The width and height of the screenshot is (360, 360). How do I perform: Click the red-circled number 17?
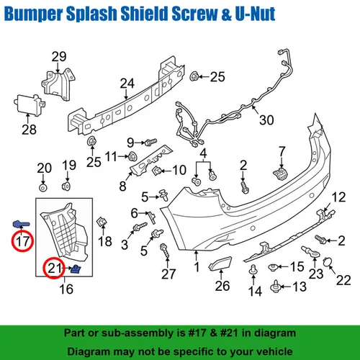22,241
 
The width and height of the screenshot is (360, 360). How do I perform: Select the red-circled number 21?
54,268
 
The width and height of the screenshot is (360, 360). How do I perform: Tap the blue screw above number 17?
21,224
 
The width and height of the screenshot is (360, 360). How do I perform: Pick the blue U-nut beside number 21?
76,269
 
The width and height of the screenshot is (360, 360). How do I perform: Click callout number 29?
59,57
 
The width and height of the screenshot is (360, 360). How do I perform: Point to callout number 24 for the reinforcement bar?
127,84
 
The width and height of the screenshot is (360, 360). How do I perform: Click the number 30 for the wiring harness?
266,120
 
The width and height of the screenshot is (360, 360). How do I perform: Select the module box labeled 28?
30,105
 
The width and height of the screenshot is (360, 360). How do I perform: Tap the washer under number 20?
43,188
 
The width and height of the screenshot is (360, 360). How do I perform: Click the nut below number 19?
66,186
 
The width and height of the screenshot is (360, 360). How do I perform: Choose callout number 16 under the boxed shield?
66,289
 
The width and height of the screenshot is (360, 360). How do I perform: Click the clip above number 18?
102,222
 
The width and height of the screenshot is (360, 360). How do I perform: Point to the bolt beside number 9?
150,142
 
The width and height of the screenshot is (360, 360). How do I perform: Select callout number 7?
282,151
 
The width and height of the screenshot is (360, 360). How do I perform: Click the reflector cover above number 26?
220,264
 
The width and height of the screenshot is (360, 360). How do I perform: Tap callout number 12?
338,197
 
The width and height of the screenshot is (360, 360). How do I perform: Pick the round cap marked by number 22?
327,261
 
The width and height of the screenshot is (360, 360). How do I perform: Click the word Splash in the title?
91,14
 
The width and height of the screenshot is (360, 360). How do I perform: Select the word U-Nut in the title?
255,14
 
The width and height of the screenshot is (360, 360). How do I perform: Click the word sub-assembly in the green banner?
143,333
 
